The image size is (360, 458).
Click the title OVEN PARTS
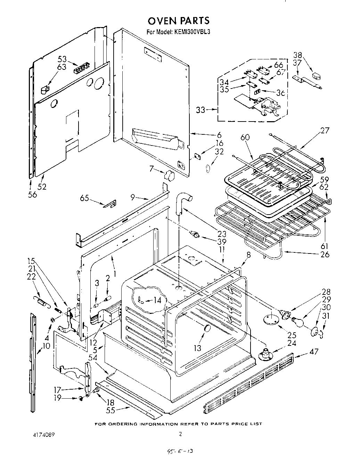tap(179, 20)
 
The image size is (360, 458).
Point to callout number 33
tap(201, 110)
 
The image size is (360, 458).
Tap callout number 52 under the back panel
tap(42, 186)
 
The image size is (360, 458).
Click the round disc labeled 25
tap(270, 318)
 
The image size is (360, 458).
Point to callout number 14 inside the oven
tap(157, 300)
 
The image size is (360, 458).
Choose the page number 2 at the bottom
tap(180, 434)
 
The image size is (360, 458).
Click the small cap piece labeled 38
tap(317, 75)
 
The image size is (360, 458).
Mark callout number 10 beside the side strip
tap(46, 345)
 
